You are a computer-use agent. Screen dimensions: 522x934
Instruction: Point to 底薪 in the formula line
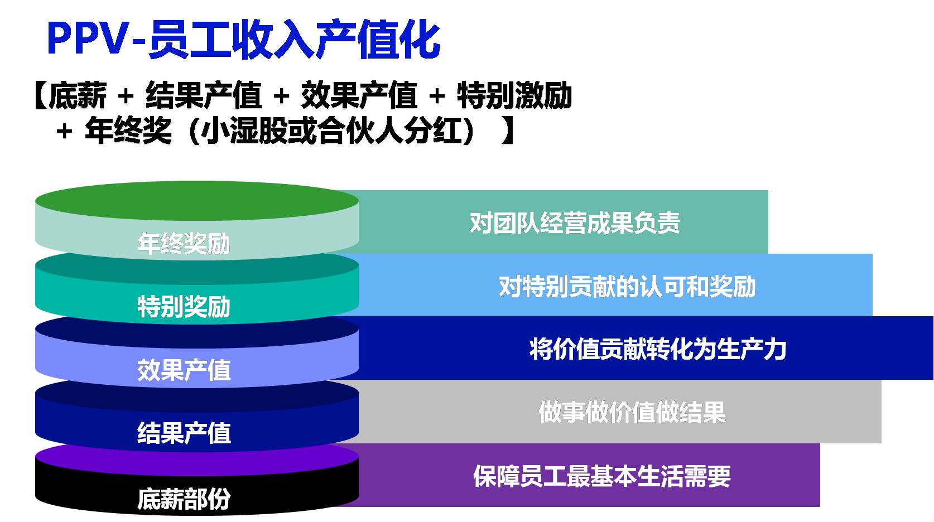[78, 95]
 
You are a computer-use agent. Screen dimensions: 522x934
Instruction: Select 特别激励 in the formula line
[514, 95]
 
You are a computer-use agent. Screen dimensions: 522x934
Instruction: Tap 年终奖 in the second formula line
[128, 132]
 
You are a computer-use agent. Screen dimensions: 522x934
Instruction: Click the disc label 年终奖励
[184, 244]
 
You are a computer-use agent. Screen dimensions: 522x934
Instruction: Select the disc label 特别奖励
[184, 307]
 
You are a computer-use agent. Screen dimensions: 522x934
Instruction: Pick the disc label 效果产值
[184, 370]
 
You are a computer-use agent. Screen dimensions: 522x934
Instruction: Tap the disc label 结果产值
[184, 433]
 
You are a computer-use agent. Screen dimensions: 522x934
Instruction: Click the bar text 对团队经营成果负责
[575, 223]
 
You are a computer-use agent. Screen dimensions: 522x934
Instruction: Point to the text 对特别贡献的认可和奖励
[627, 287]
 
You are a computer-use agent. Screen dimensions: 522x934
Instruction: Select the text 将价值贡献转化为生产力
[658, 350]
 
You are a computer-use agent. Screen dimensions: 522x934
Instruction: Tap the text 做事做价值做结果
[632, 413]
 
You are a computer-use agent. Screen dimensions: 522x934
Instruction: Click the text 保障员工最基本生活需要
[601, 476]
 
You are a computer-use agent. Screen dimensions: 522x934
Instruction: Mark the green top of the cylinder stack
[196, 201]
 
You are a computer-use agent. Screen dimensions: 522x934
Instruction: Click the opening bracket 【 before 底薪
[39, 95]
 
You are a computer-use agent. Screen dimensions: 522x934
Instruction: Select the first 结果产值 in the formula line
[204, 95]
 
